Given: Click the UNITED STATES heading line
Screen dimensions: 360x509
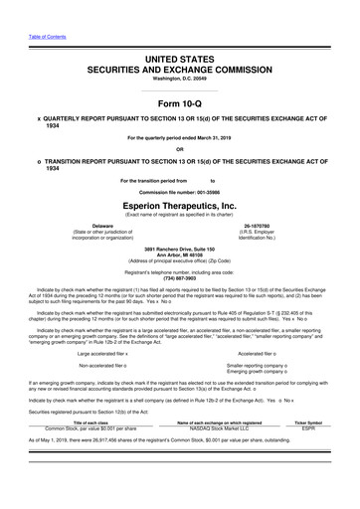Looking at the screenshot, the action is point(180,60).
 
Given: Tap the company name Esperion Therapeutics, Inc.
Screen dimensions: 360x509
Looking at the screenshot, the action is point(180,205).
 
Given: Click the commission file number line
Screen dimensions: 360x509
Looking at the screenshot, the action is point(180,190).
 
